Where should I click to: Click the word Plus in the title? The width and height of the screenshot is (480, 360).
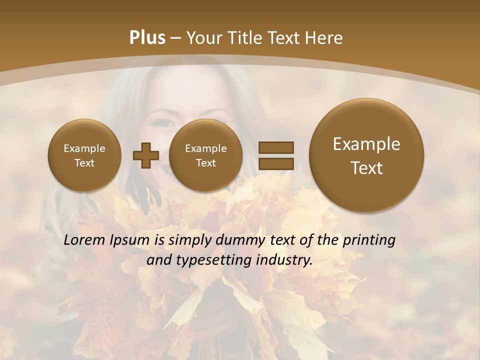(x=147, y=38)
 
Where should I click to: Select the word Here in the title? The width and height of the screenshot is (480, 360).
(x=325, y=38)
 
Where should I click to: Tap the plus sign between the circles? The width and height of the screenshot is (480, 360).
(x=145, y=155)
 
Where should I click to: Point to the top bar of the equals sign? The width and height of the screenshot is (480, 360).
(x=276, y=147)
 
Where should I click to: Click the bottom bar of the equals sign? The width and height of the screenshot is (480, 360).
(x=276, y=163)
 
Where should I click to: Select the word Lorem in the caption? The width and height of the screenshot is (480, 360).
(x=84, y=240)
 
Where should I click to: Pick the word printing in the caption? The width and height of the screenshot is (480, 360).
(x=369, y=240)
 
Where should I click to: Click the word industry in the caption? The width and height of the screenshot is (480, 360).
(x=284, y=260)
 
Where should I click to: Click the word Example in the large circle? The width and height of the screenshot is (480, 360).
(x=366, y=144)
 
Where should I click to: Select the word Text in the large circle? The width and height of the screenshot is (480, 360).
(x=366, y=168)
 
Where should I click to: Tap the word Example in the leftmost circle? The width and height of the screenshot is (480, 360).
(x=84, y=148)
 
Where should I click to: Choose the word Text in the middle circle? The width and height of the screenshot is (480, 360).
(x=205, y=163)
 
